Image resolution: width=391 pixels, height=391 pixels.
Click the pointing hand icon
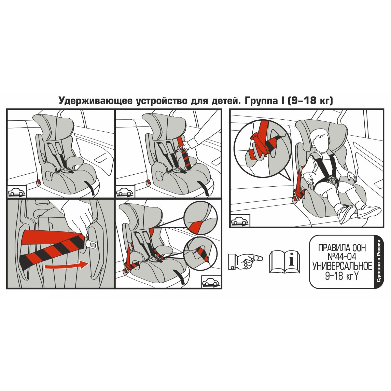click(x=245, y=261)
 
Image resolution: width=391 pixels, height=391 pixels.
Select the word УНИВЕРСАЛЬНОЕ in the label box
click(x=342, y=266)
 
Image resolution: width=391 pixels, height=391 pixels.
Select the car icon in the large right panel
click(x=240, y=221)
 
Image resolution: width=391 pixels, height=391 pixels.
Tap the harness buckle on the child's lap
click(x=333, y=180)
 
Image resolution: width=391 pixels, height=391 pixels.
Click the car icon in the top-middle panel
click(x=125, y=192)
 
